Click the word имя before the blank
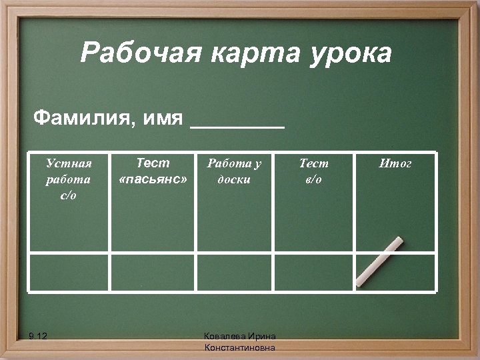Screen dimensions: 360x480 [163, 119]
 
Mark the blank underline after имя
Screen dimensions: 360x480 [237, 124]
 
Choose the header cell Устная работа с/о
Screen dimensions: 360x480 [69, 179]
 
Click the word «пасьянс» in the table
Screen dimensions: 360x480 [153, 180]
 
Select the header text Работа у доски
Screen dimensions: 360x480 [234, 171]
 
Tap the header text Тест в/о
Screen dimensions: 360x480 [313, 171]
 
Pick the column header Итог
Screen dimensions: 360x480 [395, 163]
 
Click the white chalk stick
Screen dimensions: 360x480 [379, 261]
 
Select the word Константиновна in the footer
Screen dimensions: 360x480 [240, 348]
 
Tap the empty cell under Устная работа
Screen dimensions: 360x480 [69, 272]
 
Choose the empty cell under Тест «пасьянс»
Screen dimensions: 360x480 [153, 272]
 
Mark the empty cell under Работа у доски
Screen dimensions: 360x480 [234, 272]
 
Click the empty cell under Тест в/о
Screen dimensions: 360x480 [313, 272]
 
